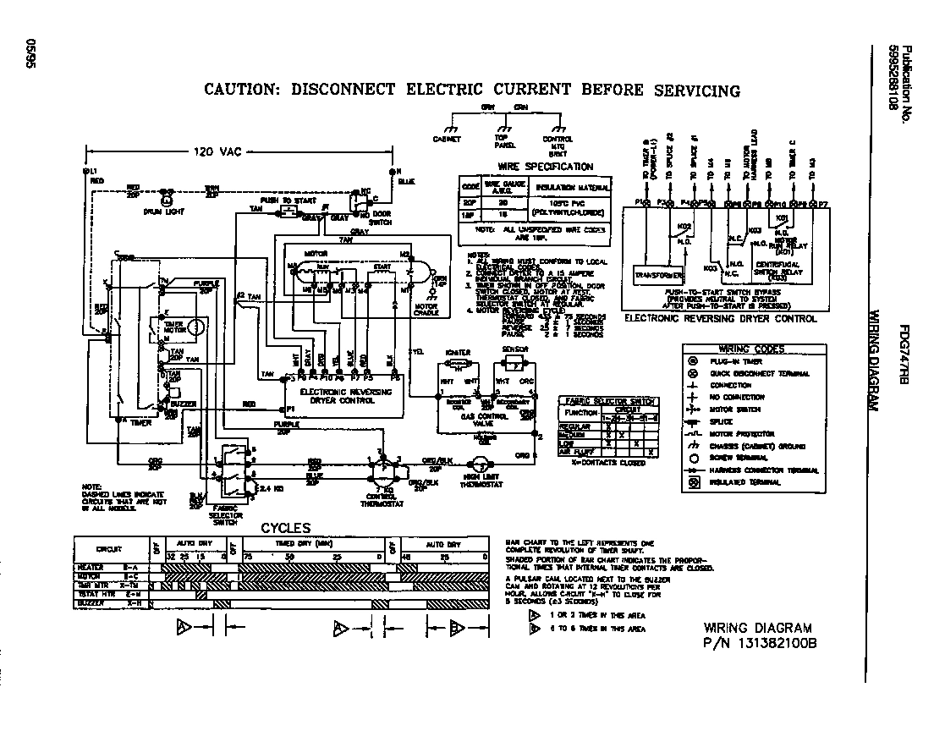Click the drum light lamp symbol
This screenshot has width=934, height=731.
pyautogui.click(x=167, y=200)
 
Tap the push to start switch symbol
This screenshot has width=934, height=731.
pyautogui.click(x=288, y=209)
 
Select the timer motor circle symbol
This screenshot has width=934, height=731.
pyautogui.click(x=195, y=326)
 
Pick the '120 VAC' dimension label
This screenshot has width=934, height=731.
pyautogui.click(x=217, y=152)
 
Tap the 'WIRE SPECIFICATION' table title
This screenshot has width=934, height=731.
pyautogui.click(x=547, y=167)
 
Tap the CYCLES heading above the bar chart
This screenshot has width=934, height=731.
pyautogui.click(x=285, y=529)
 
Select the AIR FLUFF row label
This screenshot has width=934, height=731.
pyautogui.click(x=579, y=452)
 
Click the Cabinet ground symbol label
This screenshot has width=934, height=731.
pyautogui.click(x=446, y=139)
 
